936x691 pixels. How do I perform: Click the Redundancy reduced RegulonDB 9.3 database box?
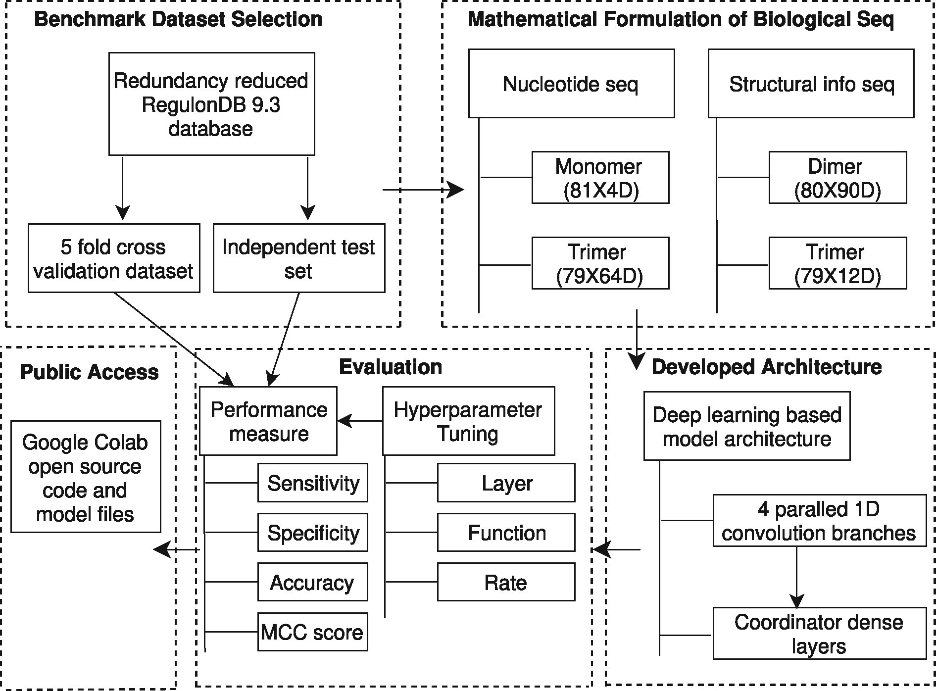click(x=211, y=104)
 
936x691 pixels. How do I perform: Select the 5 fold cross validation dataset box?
click(x=114, y=258)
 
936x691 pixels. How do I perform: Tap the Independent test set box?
click(x=298, y=258)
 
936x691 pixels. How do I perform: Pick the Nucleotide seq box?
click(x=571, y=83)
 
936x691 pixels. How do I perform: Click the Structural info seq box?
click(x=811, y=83)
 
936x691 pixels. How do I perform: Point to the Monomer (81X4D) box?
click(x=600, y=178)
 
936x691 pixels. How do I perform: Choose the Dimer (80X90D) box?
click(x=837, y=178)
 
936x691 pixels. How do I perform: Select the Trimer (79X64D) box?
click(x=600, y=263)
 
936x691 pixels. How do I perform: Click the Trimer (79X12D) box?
click(x=837, y=263)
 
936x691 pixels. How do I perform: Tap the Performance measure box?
click(x=268, y=421)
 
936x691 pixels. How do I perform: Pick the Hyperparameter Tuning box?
click(x=468, y=421)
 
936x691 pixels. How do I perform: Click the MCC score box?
click(x=312, y=632)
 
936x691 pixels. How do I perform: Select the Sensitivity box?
click(x=312, y=483)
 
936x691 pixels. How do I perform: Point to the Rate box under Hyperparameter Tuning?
click(x=506, y=582)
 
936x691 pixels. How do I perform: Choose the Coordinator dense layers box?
click(x=819, y=634)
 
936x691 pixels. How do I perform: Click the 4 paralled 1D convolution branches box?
click(x=819, y=521)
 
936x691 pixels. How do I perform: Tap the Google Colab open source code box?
click(x=86, y=477)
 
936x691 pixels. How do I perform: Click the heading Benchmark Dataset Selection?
click(x=178, y=19)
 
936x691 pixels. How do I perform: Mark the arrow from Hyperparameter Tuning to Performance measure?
click(x=360, y=421)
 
